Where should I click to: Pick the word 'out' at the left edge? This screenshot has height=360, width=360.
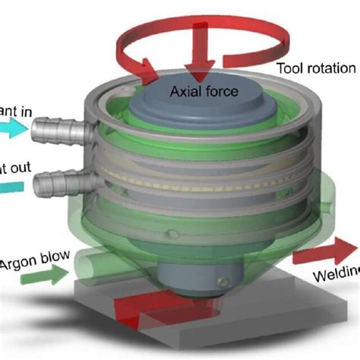(17, 168)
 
